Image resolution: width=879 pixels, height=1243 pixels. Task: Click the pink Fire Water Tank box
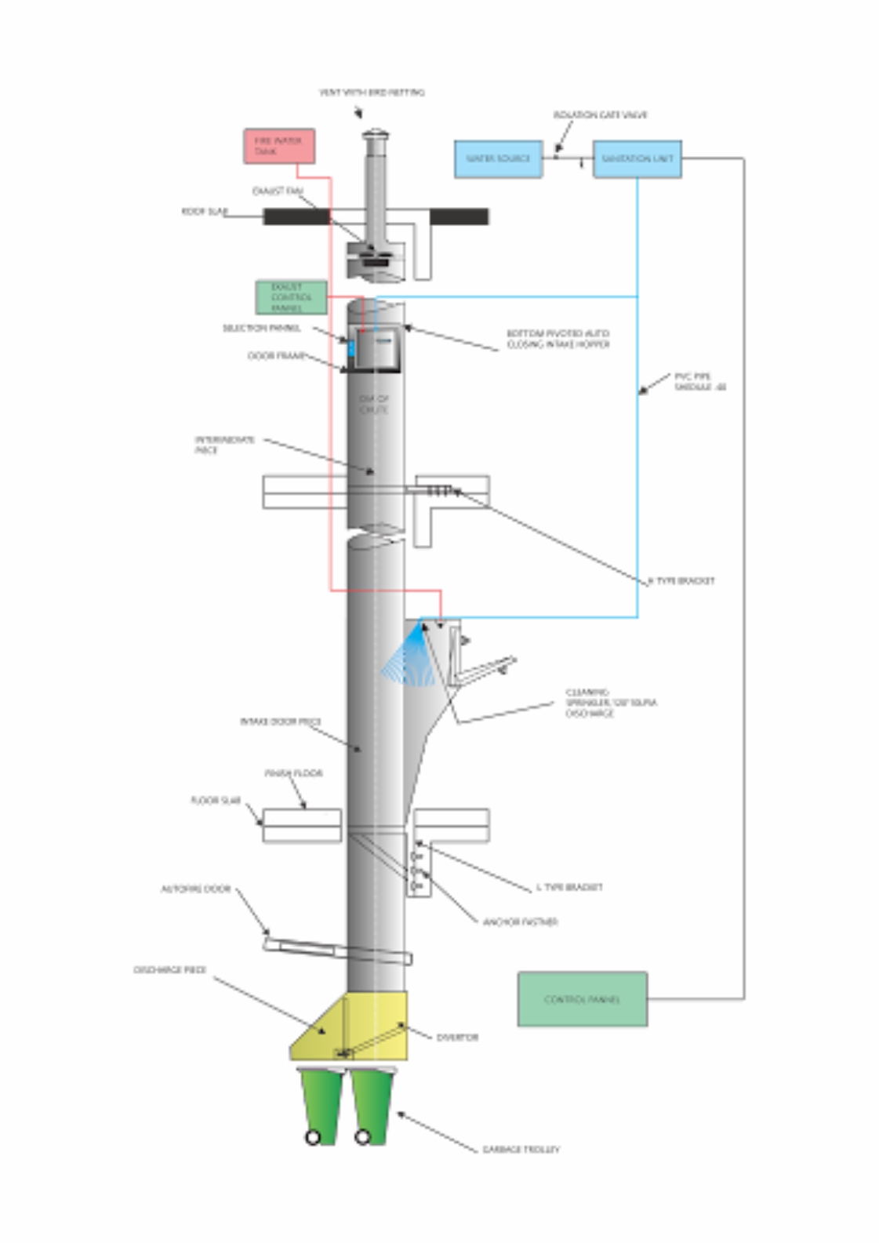tap(279, 146)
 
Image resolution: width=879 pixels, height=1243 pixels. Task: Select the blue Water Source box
tap(498, 159)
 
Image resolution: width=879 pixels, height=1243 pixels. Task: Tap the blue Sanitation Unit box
tap(637, 159)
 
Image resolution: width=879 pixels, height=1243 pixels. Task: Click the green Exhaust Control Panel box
tap(291, 297)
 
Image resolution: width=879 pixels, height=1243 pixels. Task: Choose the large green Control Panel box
tap(582, 999)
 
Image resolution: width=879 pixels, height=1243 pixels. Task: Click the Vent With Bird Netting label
tap(372, 93)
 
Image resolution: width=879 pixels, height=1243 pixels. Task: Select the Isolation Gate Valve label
tap(600, 115)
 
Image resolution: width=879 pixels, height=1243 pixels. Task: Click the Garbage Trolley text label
tap(521, 1149)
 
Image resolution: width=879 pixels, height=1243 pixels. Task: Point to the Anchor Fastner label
tap(520, 922)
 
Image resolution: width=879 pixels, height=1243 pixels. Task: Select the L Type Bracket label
tap(569, 887)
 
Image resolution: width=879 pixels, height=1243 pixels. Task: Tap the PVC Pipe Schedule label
tap(699, 382)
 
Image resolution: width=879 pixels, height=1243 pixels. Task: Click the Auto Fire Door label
tap(195, 889)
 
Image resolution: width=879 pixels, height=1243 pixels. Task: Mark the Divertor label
tap(457, 1037)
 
